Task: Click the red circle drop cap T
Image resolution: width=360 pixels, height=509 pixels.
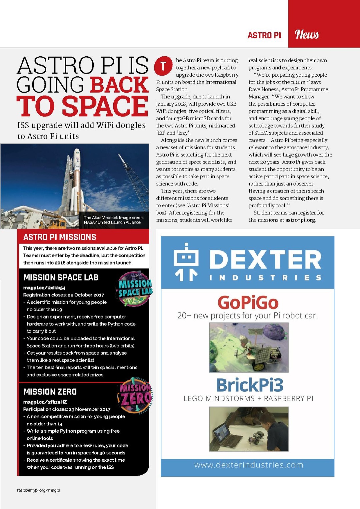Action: pos(163,66)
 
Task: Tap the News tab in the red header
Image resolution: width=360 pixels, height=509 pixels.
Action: pos(307,34)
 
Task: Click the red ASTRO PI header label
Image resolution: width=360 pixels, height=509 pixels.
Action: pos(264,35)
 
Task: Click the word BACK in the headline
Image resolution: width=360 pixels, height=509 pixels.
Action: pos(119,85)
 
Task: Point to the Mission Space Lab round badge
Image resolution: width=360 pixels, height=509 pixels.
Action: pos(135,289)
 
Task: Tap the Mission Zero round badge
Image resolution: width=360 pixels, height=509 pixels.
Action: pos(135,396)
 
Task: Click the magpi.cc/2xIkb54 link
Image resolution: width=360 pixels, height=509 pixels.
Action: pos(44,287)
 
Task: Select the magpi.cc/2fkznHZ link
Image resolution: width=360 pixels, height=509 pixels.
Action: pos(45,402)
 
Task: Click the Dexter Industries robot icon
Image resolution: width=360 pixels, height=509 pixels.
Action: pos(186,262)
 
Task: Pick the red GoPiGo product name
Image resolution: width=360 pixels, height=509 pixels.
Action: pos(248,302)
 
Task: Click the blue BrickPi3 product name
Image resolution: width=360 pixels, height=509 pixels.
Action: pos(250,385)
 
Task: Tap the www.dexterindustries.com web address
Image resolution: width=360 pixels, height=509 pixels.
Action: pos(249,465)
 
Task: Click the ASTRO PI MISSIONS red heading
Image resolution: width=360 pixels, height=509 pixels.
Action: pos(60,237)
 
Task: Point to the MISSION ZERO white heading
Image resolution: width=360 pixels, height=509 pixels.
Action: pos(50,392)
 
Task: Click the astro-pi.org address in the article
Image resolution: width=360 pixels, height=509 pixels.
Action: pos(300,220)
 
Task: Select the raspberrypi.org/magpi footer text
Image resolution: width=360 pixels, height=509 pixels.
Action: pos(39,490)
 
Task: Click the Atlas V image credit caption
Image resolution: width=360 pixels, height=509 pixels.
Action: pos(113,220)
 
